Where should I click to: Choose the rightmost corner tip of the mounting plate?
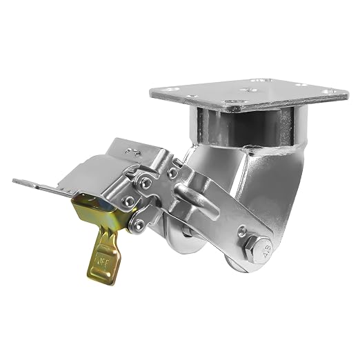pyautogui.click(x=347, y=93)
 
